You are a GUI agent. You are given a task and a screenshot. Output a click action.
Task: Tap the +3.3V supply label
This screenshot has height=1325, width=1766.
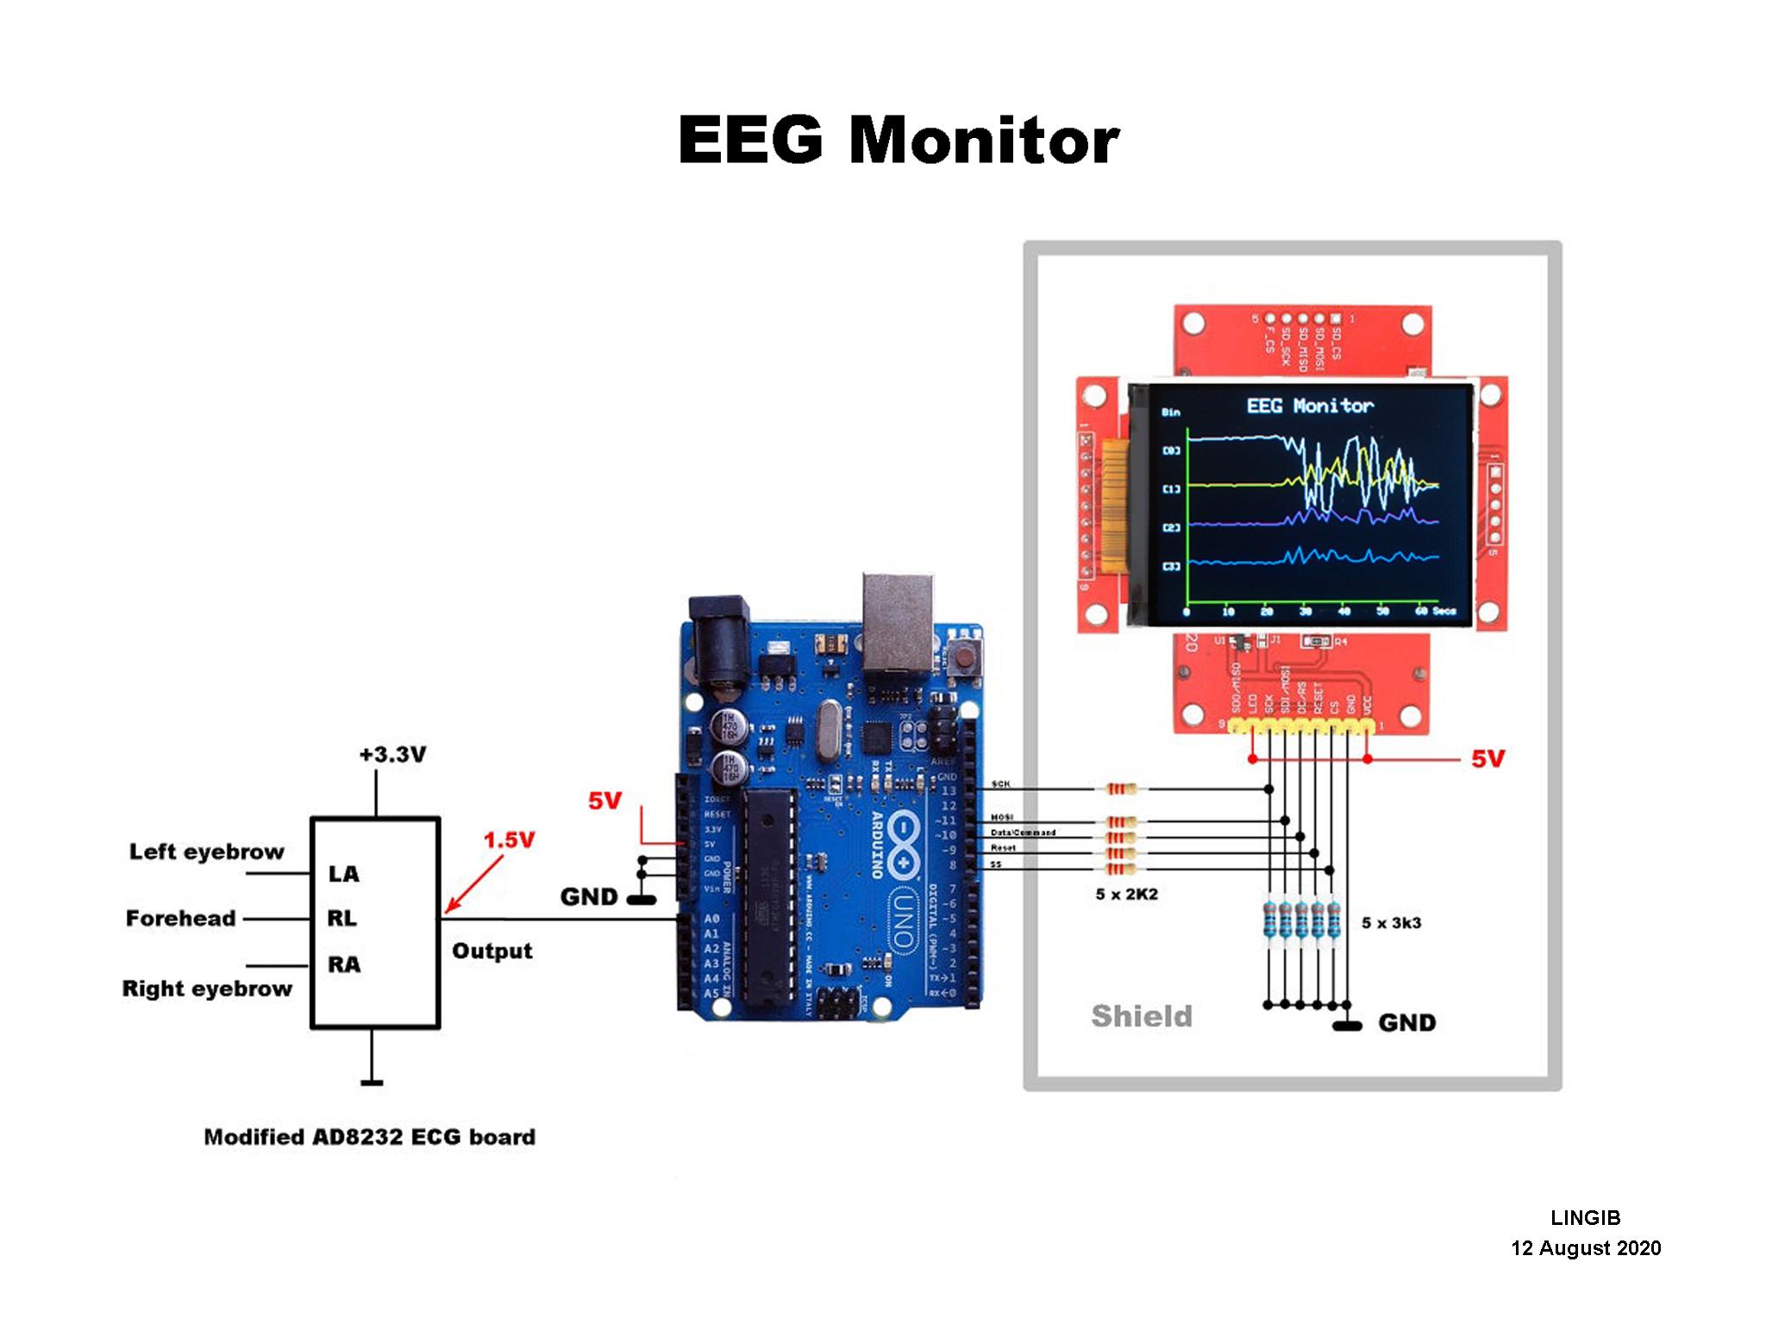pyautogui.click(x=392, y=755)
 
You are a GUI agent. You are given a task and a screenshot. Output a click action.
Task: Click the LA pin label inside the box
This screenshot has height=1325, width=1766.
pyautogui.click(x=343, y=874)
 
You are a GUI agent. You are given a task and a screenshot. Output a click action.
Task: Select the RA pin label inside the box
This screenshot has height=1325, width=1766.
pyautogui.click(x=343, y=964)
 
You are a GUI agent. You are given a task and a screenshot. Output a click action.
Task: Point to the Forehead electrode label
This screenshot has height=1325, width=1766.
pyautogui.click(x=180, y=918)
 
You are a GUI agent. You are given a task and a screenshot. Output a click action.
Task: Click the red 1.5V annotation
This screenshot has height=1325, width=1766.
pyautogui.click(x=509, y=839)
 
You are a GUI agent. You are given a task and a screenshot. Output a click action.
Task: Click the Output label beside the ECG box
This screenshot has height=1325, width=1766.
pyautogui.click(x=492, y=951)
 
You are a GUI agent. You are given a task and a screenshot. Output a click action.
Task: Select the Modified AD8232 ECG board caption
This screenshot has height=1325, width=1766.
pyautogui.click(x=369, y=1137)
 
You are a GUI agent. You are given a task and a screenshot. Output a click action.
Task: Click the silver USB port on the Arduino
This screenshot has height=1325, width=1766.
pyautogui.click(x=898, y=621)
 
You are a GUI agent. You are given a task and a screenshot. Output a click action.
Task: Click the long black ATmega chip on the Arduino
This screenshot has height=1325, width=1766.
pyautogui.click(x=769, y=897)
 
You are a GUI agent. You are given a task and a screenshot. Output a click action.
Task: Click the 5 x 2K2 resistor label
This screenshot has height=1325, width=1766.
pyautogui.click(x=1126, y=895)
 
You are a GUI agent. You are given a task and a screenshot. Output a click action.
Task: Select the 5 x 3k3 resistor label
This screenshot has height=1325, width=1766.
pyautogui.click(x=1391, y=923)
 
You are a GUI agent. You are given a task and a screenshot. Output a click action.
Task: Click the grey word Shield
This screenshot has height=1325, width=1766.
pyautogui.click(x=1142, y=1016)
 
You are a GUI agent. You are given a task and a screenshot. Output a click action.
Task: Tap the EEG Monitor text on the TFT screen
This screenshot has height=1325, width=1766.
pyautogui.click(x=1310, y=405)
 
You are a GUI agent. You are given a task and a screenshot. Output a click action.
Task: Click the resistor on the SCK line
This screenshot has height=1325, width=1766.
pyautogui.click(x=1120, y=788)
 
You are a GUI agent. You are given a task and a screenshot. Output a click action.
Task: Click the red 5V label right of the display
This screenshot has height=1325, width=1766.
pyautogui.click(x=1487, y=759)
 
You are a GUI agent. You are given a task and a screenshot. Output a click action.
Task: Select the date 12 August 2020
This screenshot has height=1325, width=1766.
pyautogui.click(x=1585, y=1248)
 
